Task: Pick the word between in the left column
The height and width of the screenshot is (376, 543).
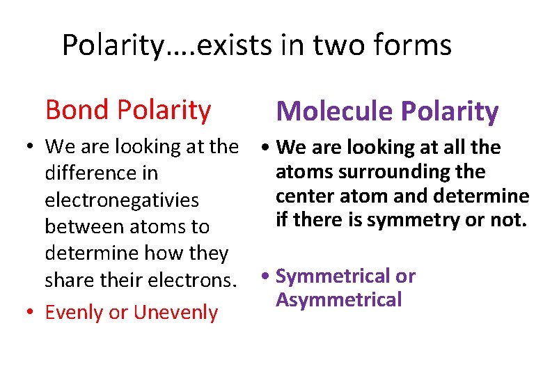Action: (79, 226)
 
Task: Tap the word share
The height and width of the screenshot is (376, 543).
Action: (69, 280)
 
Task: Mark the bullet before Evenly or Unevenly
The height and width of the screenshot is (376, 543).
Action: (26, 312)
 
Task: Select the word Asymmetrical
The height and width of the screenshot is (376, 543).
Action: (339, 300)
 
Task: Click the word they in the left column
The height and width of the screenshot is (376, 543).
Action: (207, 253)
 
